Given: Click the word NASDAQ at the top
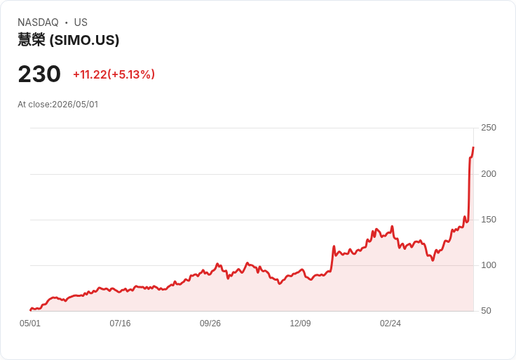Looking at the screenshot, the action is pyautogui.click(x=38, y=22).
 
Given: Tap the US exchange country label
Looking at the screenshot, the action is pyautogui.click(x=81, y=22).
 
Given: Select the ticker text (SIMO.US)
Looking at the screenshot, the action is pyautogui.click(x=84, y=40).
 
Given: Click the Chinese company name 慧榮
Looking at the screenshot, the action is pyautogui.click(x=32, y=40).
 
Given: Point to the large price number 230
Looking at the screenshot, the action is pyautogui.click(x=39, y=74).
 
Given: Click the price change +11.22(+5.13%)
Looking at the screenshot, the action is pyautogui.click(x=114, y=74).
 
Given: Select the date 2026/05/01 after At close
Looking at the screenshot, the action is pyautogui.click(x=75, y=105).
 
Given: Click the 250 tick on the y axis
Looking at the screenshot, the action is pyautogui.click(x=489, y=128).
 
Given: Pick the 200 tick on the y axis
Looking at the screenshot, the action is pyautogui.click(x=489, y=174).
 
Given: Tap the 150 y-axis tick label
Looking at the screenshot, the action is pyautogui.click(x=489, y=220).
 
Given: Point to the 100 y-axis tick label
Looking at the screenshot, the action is pyautogui.click(x=489, y=265).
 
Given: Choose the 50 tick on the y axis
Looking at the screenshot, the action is pyautogui.click(x=486, y=311).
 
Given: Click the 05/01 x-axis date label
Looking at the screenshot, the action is pyautogui.click(x=30, y=323).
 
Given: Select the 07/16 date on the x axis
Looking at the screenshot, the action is pyautogui.click(x=120, y=323).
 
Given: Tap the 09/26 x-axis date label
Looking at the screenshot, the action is pyautogui.click(x=210, y=323).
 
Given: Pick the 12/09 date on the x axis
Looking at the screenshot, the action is pyautogui.click(x=300, y=323).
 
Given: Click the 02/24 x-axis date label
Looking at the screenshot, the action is pyautogui.click(x=391, y=323).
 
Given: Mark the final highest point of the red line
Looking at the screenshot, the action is pyautogui.click(x=473, y=147).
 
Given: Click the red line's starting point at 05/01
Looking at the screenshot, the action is pyautogui.click(x=30, y=310).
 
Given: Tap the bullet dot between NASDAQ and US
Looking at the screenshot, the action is pyautogui.click(x=66, y=22).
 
